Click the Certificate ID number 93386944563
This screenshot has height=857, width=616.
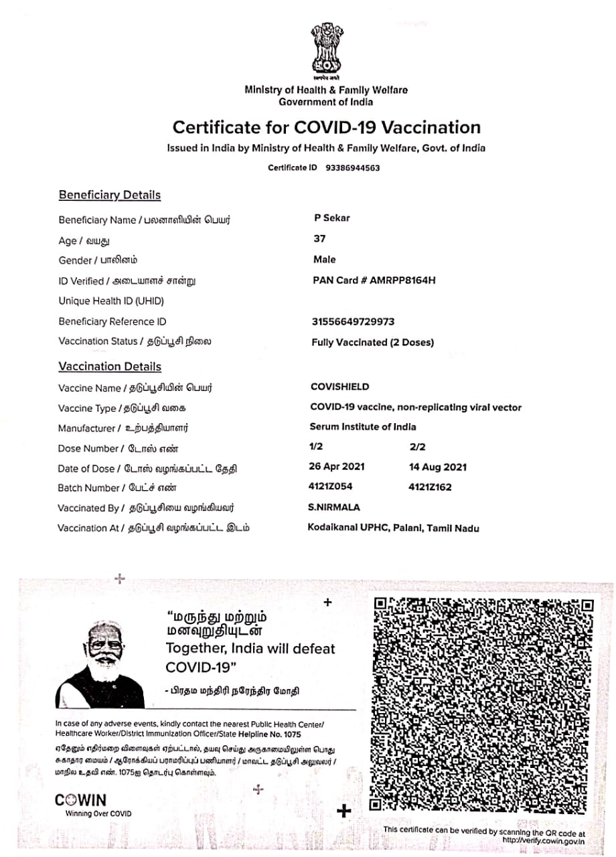click(352, 168)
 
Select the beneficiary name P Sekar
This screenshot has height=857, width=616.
click(332, 218)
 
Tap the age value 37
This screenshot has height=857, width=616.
click(319, 239)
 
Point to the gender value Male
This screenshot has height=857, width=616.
click(325, 259)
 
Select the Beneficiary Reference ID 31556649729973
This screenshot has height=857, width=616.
click(353, 321)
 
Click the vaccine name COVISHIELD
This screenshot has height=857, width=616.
click(339, 387)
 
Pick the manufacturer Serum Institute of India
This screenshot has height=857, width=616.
click(362, 427)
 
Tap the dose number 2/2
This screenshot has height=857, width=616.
click(417, 447)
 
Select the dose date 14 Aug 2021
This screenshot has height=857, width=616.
click(438, 467)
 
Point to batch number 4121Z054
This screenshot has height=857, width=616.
click(331, 487)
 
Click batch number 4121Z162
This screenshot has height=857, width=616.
click(430, 487)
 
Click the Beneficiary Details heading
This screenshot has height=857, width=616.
click(110, 196)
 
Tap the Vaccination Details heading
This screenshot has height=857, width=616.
click(110, 367)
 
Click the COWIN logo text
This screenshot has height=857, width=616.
click(80, 800)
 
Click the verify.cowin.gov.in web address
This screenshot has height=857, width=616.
click(542, 841)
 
